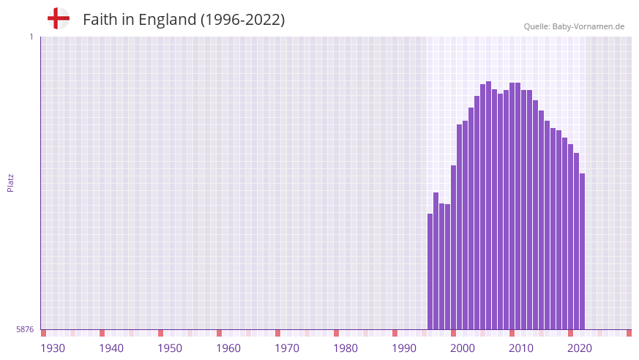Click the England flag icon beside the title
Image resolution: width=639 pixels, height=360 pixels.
58,18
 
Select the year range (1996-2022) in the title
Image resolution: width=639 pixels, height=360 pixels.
243,20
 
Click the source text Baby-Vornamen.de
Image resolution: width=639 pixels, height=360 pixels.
588,26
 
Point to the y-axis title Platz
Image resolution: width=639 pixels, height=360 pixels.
10,182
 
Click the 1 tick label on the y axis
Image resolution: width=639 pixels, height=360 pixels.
31,37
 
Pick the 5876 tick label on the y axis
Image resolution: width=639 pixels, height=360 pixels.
25,330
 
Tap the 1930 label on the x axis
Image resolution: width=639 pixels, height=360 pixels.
53,348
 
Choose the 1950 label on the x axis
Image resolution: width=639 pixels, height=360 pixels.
170,348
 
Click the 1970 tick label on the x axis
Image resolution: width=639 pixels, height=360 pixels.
287,348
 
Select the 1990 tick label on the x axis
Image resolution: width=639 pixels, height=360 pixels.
404,348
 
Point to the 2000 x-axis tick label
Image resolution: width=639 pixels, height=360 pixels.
463,348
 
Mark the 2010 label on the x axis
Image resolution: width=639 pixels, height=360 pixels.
521,348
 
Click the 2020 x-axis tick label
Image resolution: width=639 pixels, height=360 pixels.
580,348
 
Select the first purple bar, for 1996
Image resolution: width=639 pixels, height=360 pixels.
430,271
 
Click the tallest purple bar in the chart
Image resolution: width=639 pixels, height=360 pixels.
489,205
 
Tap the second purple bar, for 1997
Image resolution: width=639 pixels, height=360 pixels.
436,260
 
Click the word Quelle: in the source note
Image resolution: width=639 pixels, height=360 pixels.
537,26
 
